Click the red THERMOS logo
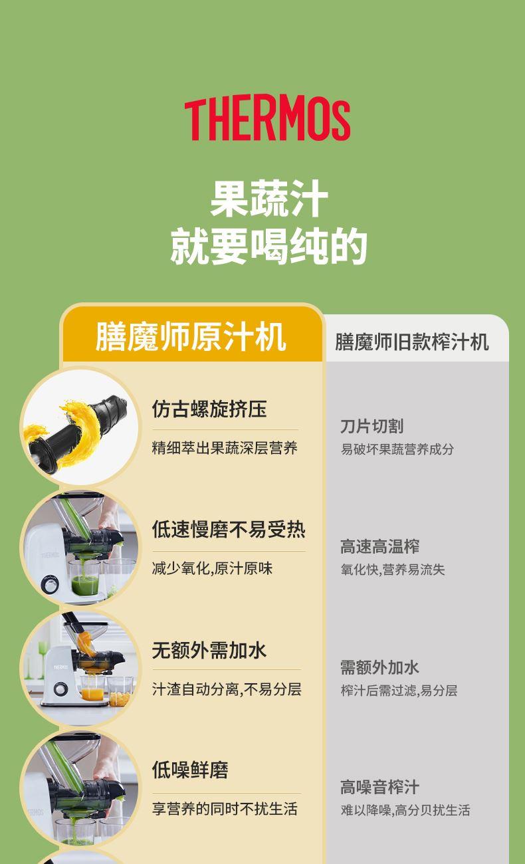click(x=267, y=120)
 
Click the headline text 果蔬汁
click(x=269, y=199)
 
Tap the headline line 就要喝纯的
click(x=268, y=246)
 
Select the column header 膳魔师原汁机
click(x=191, y=337)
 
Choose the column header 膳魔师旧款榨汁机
click(x=412, y=342)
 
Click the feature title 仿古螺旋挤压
click(x=209, y=409)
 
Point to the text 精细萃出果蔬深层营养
click(x=225, y=448)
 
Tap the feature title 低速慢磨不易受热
click(x=229, y=529)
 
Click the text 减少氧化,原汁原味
click(x=212, y=568)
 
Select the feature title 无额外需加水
click(x=209, y=650)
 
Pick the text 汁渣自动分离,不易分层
click(x=227, y=689)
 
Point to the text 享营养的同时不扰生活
click(x=225, y=809)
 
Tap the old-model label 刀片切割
click(x=372, y=427)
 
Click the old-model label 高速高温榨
click(x=379, y=546)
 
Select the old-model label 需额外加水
click(x=379, y=667)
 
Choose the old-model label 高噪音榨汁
click(x=379, y=787)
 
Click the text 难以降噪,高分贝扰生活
click(x=405, y=810)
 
